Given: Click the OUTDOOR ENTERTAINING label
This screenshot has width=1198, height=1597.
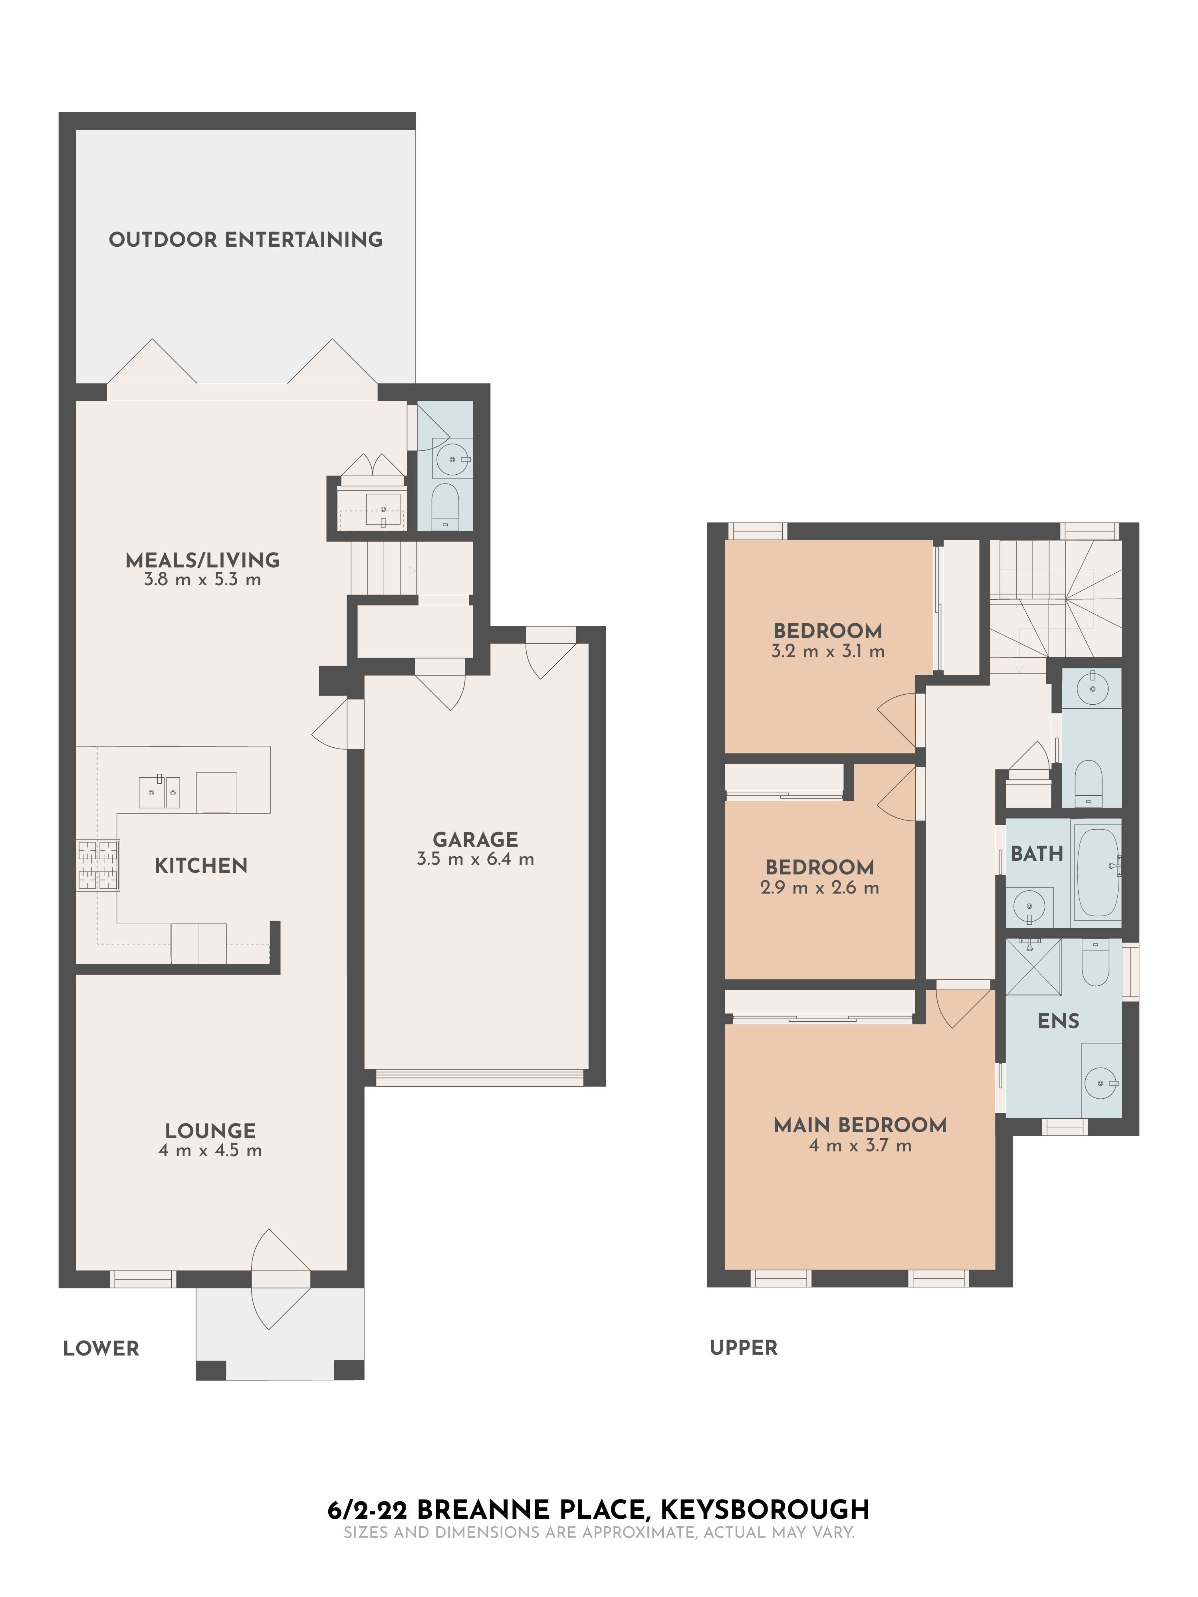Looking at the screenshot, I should point(246,240).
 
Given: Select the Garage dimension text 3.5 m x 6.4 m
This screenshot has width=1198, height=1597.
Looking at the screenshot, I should point(475,859).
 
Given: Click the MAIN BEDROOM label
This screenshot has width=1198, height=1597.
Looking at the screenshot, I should point(859,1125).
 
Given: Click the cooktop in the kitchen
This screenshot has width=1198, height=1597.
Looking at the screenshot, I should point(98,865).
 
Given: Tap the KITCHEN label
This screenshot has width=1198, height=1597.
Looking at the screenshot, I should point(201,866).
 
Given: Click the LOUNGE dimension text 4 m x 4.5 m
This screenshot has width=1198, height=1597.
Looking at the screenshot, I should point(210,1151).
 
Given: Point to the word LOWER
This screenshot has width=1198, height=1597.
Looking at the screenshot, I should point(101,1349).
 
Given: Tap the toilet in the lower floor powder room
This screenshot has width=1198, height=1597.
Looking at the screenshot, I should point(445,505).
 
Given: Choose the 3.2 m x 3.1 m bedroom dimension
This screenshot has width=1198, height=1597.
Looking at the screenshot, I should point(827,651).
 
